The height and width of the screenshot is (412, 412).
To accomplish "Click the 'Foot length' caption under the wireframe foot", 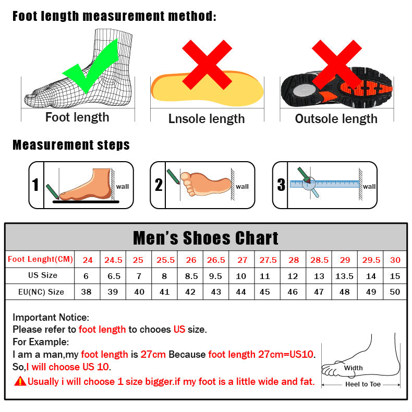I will [x=77, y=117].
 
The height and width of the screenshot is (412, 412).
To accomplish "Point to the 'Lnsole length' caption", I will [x=207, y=119].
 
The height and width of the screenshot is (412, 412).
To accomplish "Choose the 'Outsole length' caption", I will [x=336, y=119].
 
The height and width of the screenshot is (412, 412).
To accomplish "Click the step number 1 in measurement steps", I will [x=35, y=185].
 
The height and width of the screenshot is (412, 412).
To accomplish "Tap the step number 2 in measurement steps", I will [x=159, y=185].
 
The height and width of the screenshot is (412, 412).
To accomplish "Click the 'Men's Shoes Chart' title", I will [x=206, y=238].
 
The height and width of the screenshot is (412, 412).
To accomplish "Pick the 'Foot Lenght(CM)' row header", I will [x=41, y=259].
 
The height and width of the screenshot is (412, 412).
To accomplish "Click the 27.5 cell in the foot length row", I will [x=268, y=260].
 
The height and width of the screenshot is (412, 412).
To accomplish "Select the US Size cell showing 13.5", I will [x=345, y=276].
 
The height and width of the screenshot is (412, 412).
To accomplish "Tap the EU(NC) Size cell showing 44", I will [x=241, y=292].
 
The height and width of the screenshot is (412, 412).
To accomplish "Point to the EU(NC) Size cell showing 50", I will [x=395, y=292].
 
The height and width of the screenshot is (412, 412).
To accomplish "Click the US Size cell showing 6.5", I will [x=113, y=276].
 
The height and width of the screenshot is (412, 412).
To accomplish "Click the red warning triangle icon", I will [x=20, y=381].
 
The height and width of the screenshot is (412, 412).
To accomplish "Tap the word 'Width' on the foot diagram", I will [x=353, y=368].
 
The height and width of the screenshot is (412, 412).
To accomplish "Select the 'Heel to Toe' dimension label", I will [x=363, y=384].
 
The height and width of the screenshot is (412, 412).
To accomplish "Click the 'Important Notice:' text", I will [x=51, y=317].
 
